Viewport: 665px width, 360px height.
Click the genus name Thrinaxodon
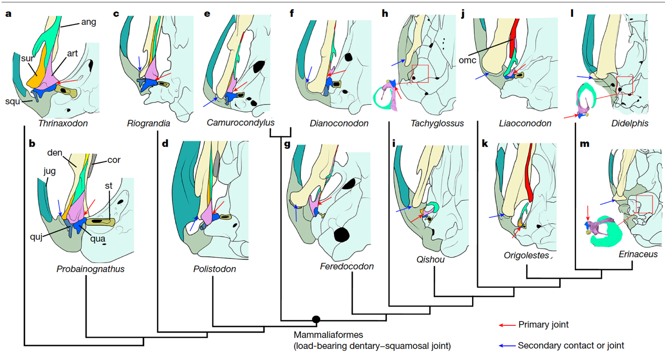click(63, 124)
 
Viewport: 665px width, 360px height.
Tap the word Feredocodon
click(346, 266)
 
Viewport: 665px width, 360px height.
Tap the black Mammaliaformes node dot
click(316, 319)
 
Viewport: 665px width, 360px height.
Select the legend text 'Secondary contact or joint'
click(571, 345)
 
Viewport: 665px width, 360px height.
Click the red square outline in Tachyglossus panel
click(420, 73)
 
